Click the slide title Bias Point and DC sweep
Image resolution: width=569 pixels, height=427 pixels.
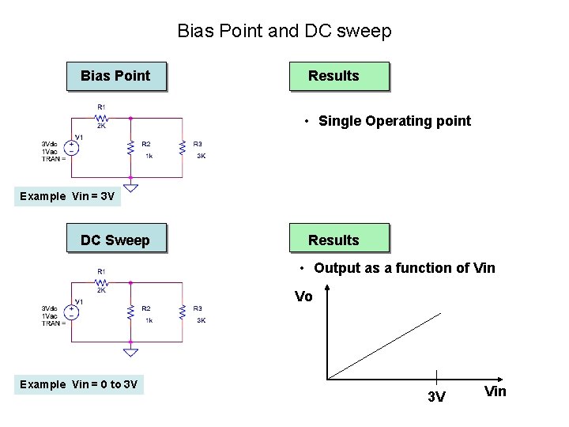[284, 32]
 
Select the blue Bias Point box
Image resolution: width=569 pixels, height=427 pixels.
[116, 76]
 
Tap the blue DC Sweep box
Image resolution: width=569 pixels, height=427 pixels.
[116, 240]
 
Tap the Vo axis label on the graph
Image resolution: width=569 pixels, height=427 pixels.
[303, 297]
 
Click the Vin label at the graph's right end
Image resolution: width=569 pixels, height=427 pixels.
[495, 391]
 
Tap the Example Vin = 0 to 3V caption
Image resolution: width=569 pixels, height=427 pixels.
[79, 384]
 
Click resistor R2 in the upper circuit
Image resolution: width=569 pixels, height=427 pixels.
[130, 149]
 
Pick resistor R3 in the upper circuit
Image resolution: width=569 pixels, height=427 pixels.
[183, 149]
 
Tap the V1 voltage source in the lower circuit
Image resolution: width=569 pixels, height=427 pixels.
[72, 312]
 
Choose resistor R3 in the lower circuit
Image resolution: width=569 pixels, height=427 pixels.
[183, 313]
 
